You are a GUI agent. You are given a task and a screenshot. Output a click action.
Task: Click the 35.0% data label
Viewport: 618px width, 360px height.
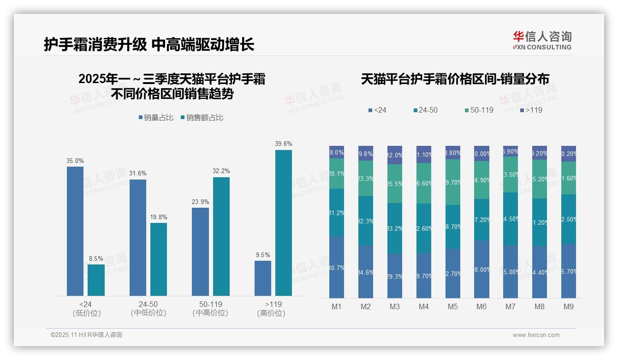tap(75, 161)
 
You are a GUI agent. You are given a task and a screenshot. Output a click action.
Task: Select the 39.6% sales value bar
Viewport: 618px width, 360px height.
tap(284, 222)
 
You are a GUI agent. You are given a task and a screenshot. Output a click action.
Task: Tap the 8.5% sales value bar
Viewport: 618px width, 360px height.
tap(96, 280)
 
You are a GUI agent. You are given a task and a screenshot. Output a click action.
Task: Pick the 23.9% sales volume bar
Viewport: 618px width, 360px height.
tap(200, 252)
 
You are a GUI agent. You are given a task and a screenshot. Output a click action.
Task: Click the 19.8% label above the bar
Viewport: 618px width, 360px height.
tap(159, 217)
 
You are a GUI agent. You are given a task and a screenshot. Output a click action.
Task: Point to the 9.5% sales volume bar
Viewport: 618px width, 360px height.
tap(263, 278)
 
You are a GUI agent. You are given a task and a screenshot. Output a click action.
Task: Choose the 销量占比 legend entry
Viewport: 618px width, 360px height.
tap(156, 118)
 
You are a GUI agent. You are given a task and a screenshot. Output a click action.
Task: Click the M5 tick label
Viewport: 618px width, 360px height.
tap(453, 306)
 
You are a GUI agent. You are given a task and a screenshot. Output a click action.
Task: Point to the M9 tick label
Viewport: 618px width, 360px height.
tap(569, 306)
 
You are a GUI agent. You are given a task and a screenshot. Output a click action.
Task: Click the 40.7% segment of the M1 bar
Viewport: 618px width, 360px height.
tap(337, 267)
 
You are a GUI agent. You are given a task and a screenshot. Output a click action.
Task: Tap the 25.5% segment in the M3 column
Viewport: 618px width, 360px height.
tap(395, 183)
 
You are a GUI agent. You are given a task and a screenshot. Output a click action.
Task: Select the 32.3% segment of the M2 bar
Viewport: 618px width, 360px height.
tap(366, 221)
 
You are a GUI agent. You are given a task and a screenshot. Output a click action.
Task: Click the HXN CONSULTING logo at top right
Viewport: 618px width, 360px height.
tap(542, 40)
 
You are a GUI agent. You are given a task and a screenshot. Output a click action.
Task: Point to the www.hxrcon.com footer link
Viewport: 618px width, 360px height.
tap(536, 335)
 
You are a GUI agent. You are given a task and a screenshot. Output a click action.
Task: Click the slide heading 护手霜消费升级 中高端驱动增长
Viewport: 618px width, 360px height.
tap(149, 45)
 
